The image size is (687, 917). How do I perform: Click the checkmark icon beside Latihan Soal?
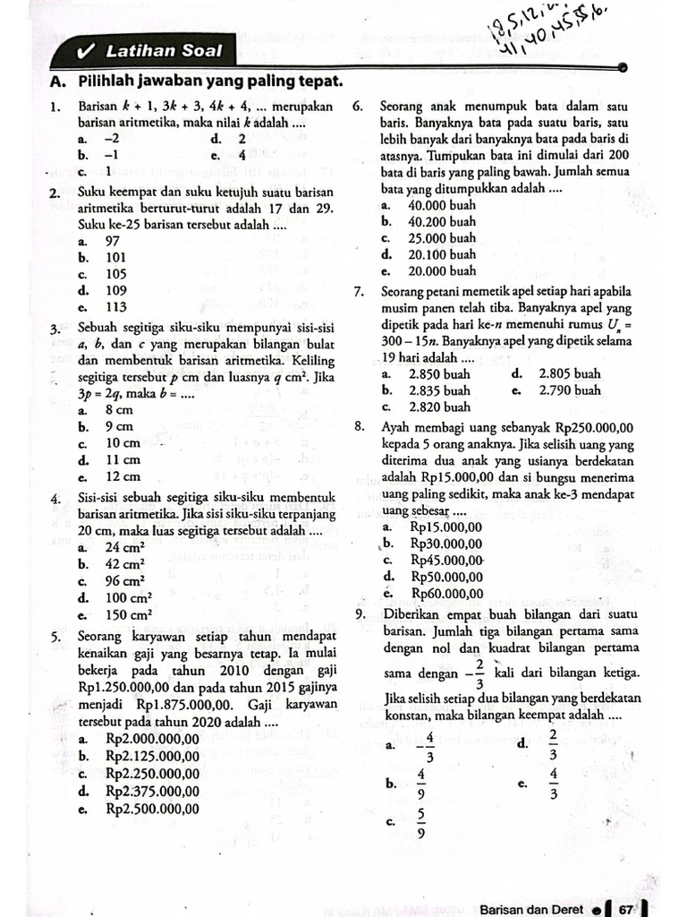[87, 52]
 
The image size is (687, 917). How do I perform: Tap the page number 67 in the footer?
[624, 909]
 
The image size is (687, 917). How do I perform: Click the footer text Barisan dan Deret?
[531, 909]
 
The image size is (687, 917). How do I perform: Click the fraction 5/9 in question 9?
[420, 821]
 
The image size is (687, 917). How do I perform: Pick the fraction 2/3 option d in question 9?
[552, 742]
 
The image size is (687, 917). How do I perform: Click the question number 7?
[358, 292]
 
